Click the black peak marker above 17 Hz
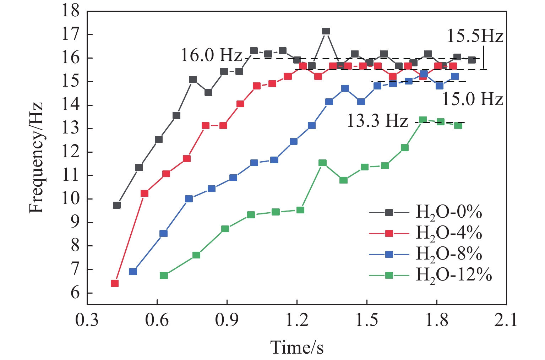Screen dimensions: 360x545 (326, 31)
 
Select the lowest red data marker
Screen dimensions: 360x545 (114, 283)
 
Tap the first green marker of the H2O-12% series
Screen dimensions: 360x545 (164, 276)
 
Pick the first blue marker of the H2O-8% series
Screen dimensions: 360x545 (133, 272)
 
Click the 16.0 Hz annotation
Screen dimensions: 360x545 (211, 56)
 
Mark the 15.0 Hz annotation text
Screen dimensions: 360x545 (472, 99)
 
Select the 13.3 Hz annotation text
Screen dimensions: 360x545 (377, 121)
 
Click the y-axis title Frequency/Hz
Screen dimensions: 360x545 (36, 158)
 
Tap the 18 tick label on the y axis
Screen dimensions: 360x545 (70, 12)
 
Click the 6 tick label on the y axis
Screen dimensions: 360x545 (75, 293)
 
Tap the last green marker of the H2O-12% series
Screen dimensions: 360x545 (458, 125)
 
